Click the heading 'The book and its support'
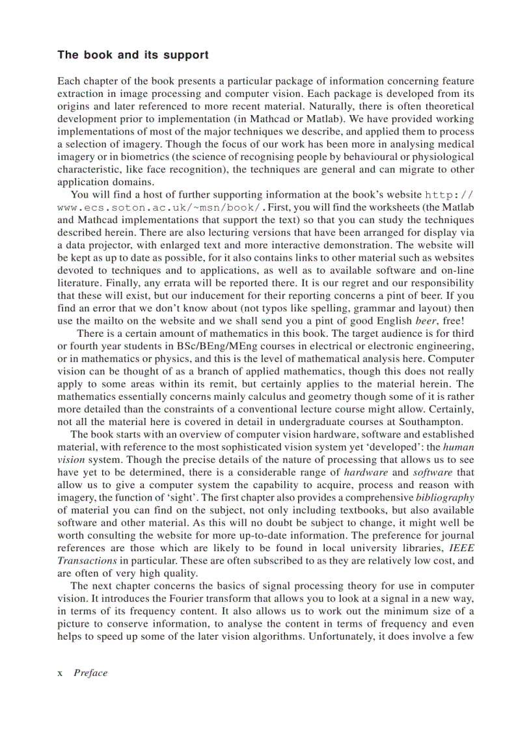click(133, 55)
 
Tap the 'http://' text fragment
click(449, 194)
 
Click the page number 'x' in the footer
click(61, 673)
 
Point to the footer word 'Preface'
click(90, 673)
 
